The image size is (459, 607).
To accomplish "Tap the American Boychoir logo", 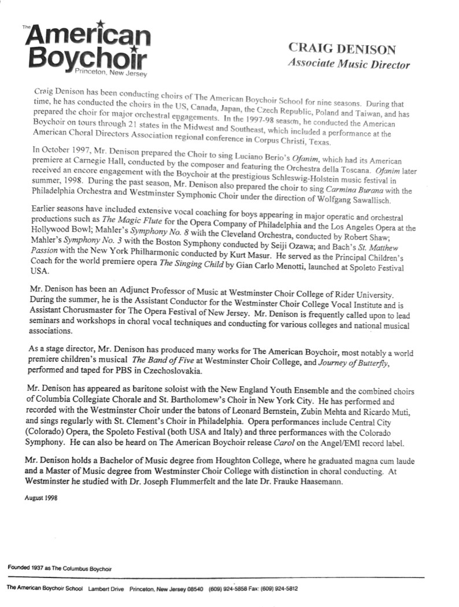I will (x=86, y=49).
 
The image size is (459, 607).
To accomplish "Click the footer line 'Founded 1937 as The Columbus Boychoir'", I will (x=60, y=568).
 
